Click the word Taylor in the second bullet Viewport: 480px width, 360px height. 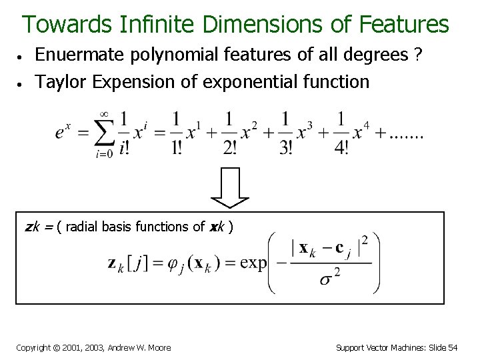coord(61,82)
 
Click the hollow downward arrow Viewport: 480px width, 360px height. coord(229,187)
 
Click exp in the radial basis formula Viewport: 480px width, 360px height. coord(253,263)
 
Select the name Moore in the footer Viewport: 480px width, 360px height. coord(158,347)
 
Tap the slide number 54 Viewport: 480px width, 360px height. coord(453,347)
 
